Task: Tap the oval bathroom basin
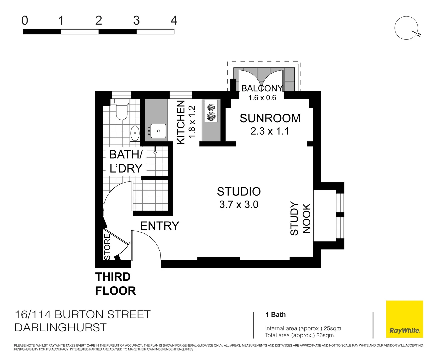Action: click(x=135, y=133)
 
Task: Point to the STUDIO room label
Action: click(x=239, y=192)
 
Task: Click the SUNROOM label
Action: click(x=270, y=118)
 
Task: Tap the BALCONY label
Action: click(x=262, y=88)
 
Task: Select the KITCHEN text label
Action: click(x=181, y=122)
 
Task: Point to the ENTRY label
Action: click(x=159, y=226)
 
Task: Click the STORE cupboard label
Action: click(x=107, y=247)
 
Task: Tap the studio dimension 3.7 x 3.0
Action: click(x=239, y=204)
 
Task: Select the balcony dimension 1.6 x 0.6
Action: click(x=262, y=98)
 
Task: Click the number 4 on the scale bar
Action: click(x=174, y=21)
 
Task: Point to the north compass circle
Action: click(x=406, y=28)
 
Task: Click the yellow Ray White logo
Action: click(x=404, y=319)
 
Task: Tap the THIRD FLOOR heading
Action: click(x=115, y=284)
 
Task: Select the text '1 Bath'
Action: click(x=275, y=315)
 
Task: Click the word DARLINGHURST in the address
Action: click(x=60, y=327)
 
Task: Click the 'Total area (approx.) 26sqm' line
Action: click(x=299, y=335)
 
